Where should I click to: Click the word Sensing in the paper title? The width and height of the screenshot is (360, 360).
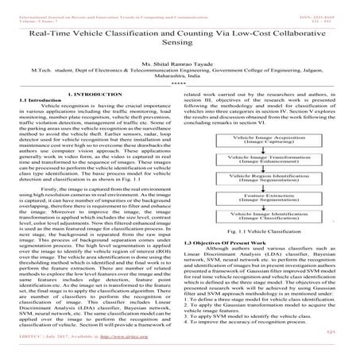click(x=180, y=47)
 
